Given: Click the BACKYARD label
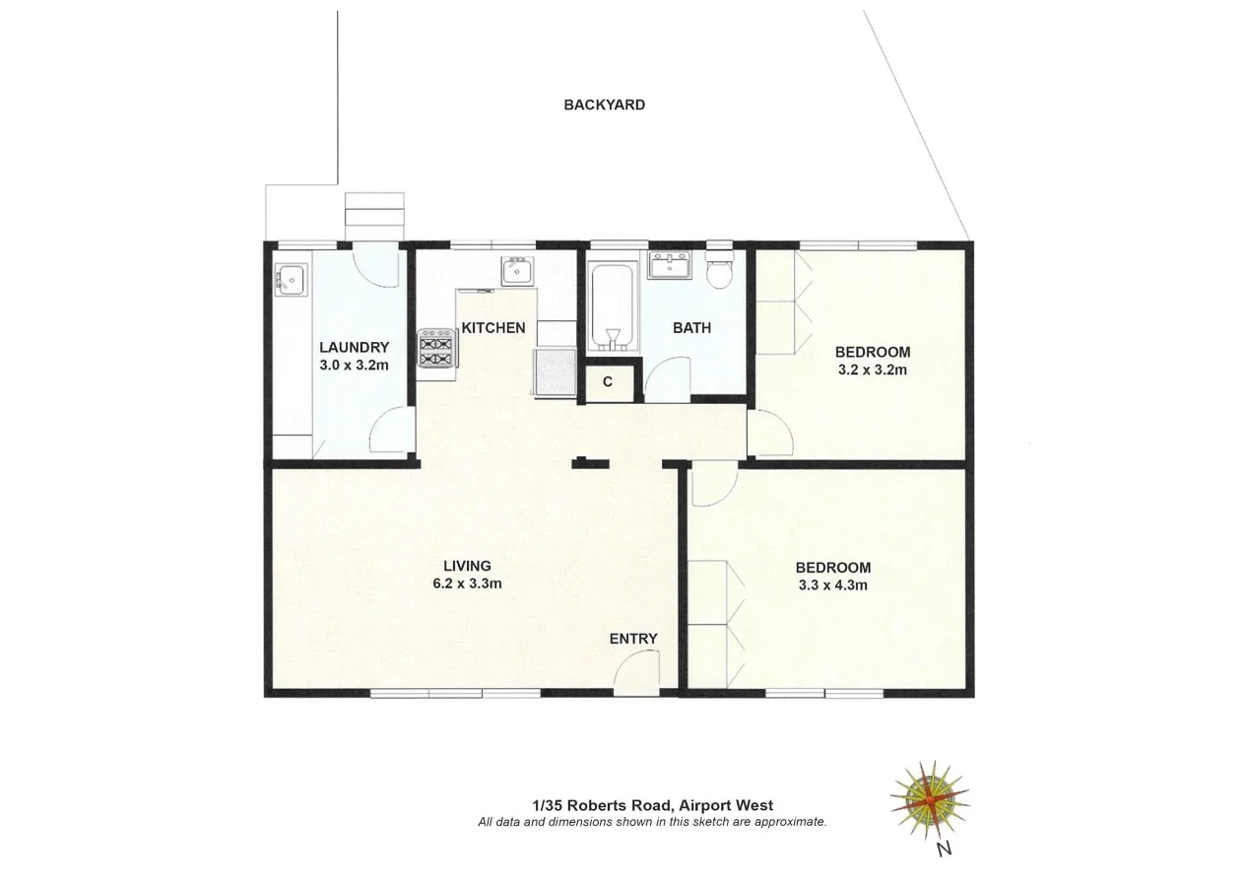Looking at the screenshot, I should pyautogui.click(x=604, y=104).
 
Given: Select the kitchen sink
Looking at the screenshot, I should pyautogui.click(x=517, y=269).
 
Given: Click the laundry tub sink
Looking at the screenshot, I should pyautogui.click(x=290, y=281).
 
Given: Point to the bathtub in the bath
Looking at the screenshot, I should pyautogui.click(x=613, y=306).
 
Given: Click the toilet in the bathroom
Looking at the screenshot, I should pyautogui.click(x=720, y=270).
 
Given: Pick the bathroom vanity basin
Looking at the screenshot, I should pyautogui.click(x=673, y=265).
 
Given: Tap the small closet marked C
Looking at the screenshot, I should pyautogui.click(x=608, y=382).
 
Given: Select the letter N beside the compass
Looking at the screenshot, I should pyautogui.click(x=944, y=848).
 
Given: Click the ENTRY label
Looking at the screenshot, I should pyautogui.click(x=632, y=639).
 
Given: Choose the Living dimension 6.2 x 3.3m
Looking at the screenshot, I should pyautogui.click(x=467, y=582).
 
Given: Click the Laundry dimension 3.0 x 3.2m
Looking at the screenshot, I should pyautogui.click(x=354, y=365).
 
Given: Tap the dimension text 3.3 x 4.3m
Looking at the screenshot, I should pyautogui.click(x=832, y=584).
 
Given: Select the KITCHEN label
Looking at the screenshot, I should pyautogui.click(x=492, y=327).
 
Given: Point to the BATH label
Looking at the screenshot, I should pyautogui.click(x=691, y=328).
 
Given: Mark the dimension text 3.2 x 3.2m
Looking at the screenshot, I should pyautogui.click(x=872, y=370).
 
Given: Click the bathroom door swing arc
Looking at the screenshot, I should pyautogui.click(x=664, y=376).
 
